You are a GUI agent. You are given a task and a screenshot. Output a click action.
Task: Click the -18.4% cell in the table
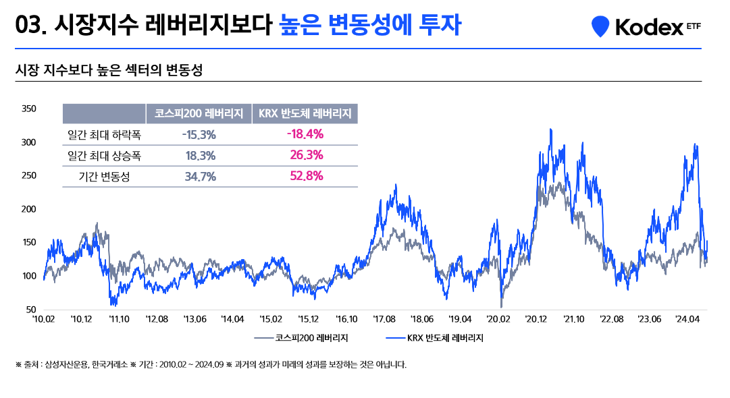[305, 134]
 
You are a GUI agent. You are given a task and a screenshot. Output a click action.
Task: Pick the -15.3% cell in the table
[199, 134]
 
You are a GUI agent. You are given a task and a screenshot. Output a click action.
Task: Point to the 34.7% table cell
[200, 177]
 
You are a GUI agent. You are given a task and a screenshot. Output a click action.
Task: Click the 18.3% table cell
[200, 156]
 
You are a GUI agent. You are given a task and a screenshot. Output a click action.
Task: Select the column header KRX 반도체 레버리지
[305, 113]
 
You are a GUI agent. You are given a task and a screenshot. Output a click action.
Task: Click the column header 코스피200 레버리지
[199, 113]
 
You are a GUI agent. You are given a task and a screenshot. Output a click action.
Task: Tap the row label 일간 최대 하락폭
[105, 135]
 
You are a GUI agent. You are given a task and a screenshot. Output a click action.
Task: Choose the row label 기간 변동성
[105, 177]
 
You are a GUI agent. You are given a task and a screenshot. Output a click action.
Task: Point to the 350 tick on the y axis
[28, 109]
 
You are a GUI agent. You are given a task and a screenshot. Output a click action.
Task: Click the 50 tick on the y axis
[30, 310]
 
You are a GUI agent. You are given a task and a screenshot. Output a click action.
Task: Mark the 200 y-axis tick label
[28, 209]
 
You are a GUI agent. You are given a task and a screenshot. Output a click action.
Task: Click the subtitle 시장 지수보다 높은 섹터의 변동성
[109, 70]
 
